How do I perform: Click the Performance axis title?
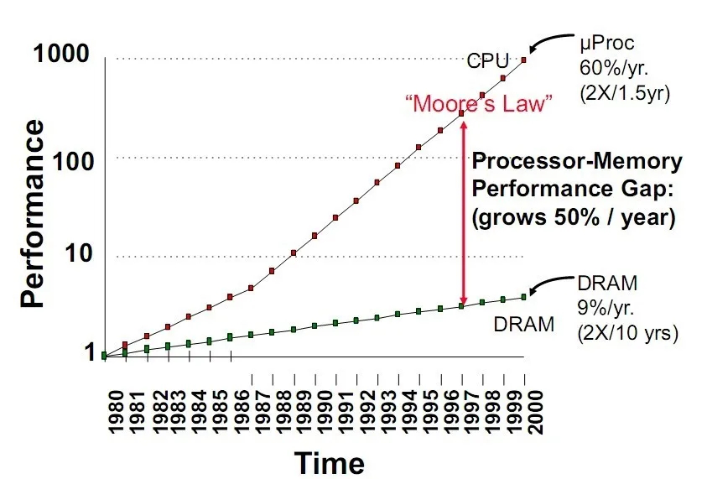[x=33, y=213]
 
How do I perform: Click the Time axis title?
[x=329, y=462]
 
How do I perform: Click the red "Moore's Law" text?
[x=479, y=105]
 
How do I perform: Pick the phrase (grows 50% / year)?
[x=574, y=218]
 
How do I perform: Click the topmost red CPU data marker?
[x=524, y=60]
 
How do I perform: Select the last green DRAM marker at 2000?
[x=524, y=296]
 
